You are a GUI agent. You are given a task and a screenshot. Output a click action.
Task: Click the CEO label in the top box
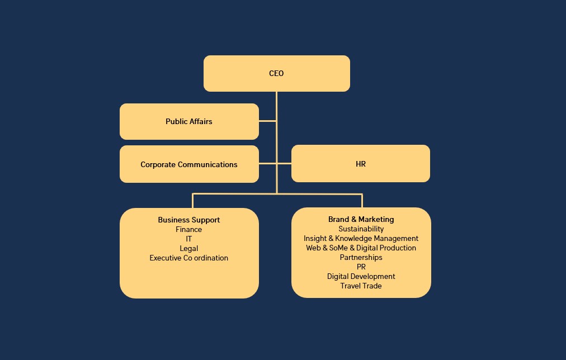click(x=276, y=73)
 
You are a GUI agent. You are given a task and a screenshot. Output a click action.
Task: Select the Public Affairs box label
click(x=188, y=121)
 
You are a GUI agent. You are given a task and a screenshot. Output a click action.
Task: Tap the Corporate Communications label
click(x=188, y=164)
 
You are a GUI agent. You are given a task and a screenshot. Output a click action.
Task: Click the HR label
click(x=360, y=164)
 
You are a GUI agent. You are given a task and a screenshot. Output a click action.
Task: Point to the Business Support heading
click(x=188, y=220)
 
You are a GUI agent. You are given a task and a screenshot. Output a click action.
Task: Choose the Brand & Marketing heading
click(x=361, y=219)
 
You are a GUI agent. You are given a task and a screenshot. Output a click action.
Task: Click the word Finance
click(x=188, y=229)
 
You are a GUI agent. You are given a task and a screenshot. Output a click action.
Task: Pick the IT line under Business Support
click(x=188, y=239)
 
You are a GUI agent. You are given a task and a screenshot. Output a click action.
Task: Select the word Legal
click(x=188, y=248)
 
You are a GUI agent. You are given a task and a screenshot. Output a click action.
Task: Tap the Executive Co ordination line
click(x=188, y=258)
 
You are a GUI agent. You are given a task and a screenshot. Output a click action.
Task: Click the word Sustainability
click(x=361, y=229)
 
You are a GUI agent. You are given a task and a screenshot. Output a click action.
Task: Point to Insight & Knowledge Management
click(x=361, y=238)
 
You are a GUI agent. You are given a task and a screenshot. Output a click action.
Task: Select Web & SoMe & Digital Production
click(x=361, y=248)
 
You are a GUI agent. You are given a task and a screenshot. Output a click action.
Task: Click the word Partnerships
click(x=361, y=257)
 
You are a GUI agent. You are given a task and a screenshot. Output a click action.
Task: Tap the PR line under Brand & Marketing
click(x=361, y=267)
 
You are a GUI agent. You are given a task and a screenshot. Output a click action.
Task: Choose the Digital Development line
click(x=361, y=276)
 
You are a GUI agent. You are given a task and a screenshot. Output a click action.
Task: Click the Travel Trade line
click(x=361, y=286)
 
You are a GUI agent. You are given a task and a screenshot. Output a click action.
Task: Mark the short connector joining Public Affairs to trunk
click(x=267, y=120)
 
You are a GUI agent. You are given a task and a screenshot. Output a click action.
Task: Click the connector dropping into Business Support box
click(x=193, y=201)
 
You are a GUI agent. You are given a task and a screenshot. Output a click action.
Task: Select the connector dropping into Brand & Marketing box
click(x=362, y=201)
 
